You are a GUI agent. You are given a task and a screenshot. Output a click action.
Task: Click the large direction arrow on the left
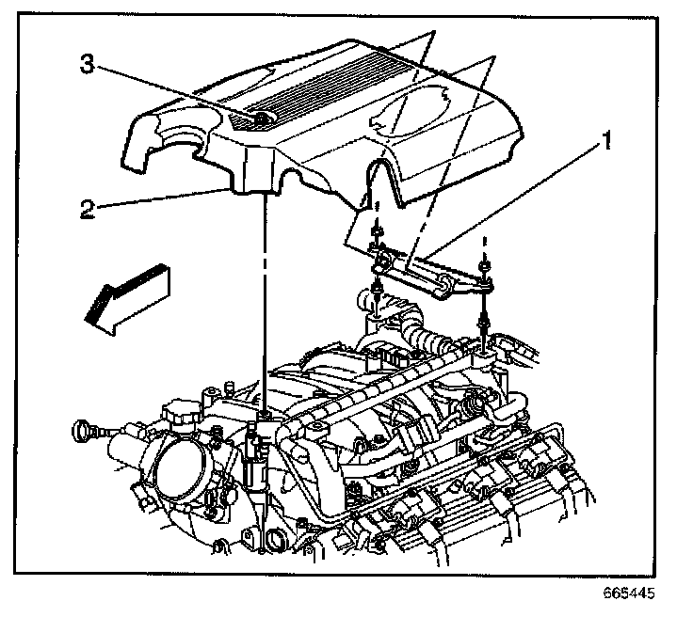click(121, 292)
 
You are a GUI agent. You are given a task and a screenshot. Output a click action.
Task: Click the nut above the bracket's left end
click(377, 232)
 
